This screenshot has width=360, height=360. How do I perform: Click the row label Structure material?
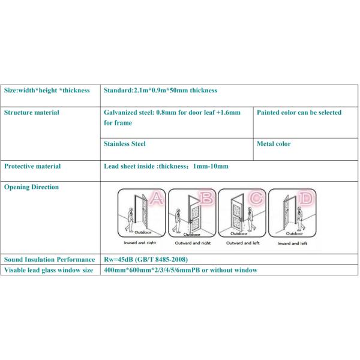tap(32, 112)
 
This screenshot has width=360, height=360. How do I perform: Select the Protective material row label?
tap(32, 166)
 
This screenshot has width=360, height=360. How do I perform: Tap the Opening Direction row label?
tap(32, 187)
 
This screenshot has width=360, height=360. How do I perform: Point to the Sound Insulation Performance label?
tap(50, 259)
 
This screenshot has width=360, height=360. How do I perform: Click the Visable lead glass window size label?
tap(49, 270)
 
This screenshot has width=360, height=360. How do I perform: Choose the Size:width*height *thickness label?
tap(47, 91)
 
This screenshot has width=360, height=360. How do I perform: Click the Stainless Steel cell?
tap(125, 144)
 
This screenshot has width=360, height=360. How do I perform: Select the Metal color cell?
tap(274, 144)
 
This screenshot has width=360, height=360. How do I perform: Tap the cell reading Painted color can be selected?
tap(299, 112)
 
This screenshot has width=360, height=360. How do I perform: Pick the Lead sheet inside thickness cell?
tap(166, 166)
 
